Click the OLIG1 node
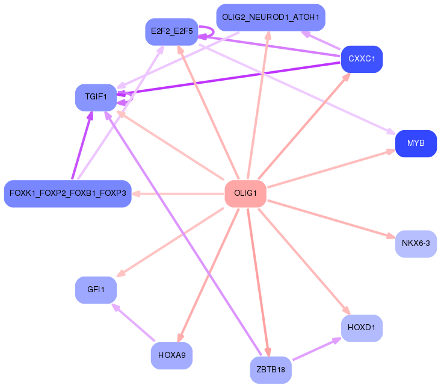(245, 194)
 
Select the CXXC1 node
(362, 59)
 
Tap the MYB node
(416, 143)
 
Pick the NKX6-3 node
(416, 243)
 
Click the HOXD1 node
(362, 328)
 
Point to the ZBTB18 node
(271, 370)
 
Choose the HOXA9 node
(171, 355)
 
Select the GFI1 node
(96, 290)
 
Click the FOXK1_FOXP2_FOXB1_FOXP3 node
(67, 194)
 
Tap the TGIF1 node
(96, 97)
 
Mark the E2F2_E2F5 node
(171, 31)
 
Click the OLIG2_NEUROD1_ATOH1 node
(271, 17)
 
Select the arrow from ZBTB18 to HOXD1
(316, 349)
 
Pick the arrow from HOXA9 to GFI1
(134, 322)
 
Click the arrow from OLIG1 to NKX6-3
(332, 219)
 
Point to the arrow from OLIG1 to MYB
(332, 168)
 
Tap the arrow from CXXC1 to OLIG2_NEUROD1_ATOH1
(321, 40)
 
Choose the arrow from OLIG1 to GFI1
(170, 243)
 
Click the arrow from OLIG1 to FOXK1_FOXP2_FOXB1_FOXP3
(177, 194)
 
